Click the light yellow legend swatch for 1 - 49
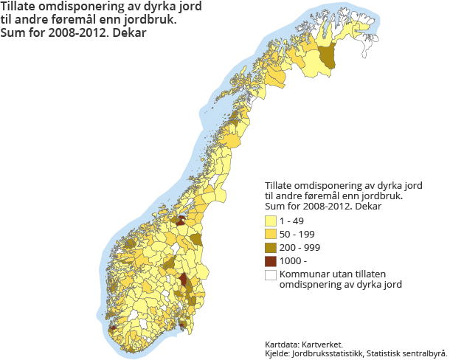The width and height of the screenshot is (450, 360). coord(271,221)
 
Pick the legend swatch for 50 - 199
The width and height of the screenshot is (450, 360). coord(271,234)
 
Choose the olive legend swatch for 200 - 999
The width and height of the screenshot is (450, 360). coord(271,247)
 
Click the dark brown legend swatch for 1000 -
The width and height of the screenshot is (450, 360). coord(271,260)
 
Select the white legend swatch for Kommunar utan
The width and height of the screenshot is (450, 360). coord(271,274)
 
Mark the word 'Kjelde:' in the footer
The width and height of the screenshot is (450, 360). coord(277,353)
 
